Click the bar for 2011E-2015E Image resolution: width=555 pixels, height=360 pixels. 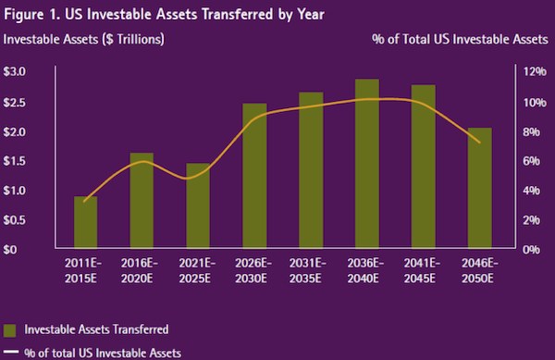85,223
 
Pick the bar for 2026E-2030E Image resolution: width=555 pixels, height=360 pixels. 254,176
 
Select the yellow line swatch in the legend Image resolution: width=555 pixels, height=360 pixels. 10,353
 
